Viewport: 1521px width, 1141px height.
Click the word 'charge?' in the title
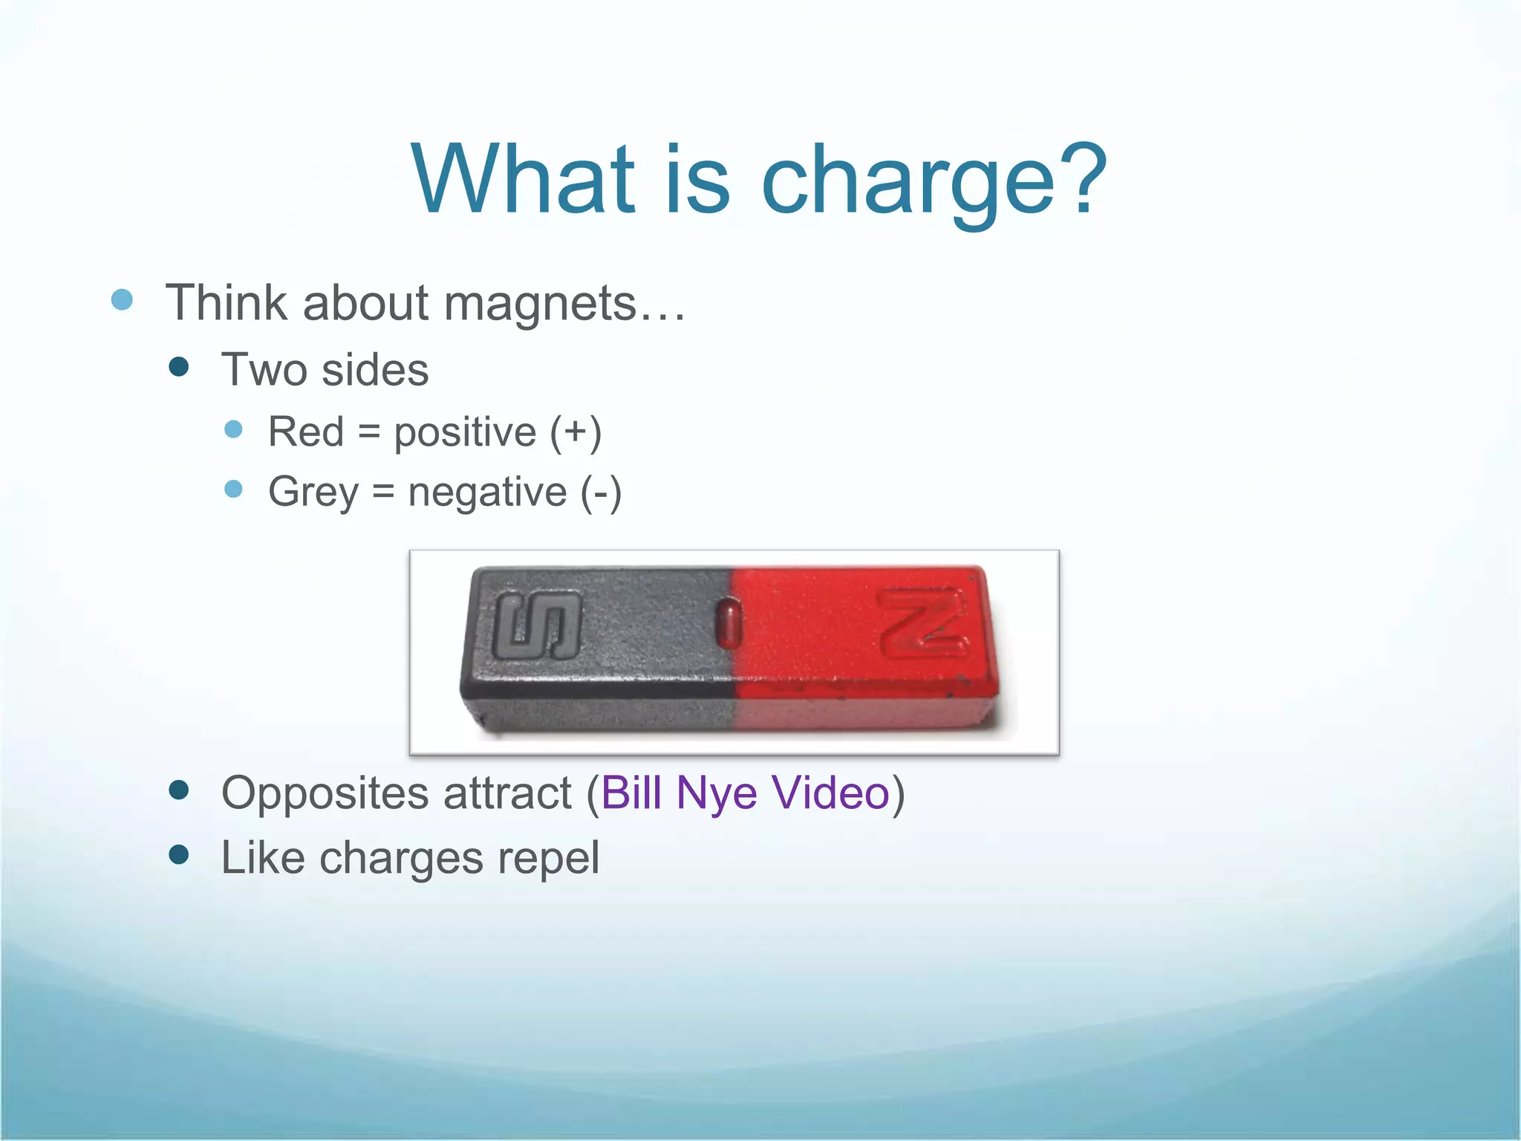click(x=934, y=182)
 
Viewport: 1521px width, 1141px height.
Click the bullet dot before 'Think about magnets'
click(x=122, y=300)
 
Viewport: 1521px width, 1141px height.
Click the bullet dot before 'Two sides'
click(x=179, y=367)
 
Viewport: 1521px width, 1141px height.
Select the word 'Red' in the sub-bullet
click(x=305, y=432)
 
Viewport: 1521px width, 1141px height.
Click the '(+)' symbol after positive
click(x=576, y=433)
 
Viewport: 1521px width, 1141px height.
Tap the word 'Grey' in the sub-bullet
click(x=313, y=493)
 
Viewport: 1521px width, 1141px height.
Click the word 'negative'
click(x=487, y=493)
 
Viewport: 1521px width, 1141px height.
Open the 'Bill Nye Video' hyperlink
click(x=745, y=793)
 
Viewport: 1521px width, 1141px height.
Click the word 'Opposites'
click(x=325, y=793)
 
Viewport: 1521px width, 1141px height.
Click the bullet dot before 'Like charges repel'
click(x=179, y=855)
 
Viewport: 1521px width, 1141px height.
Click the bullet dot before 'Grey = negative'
click(x=233, y=489)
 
